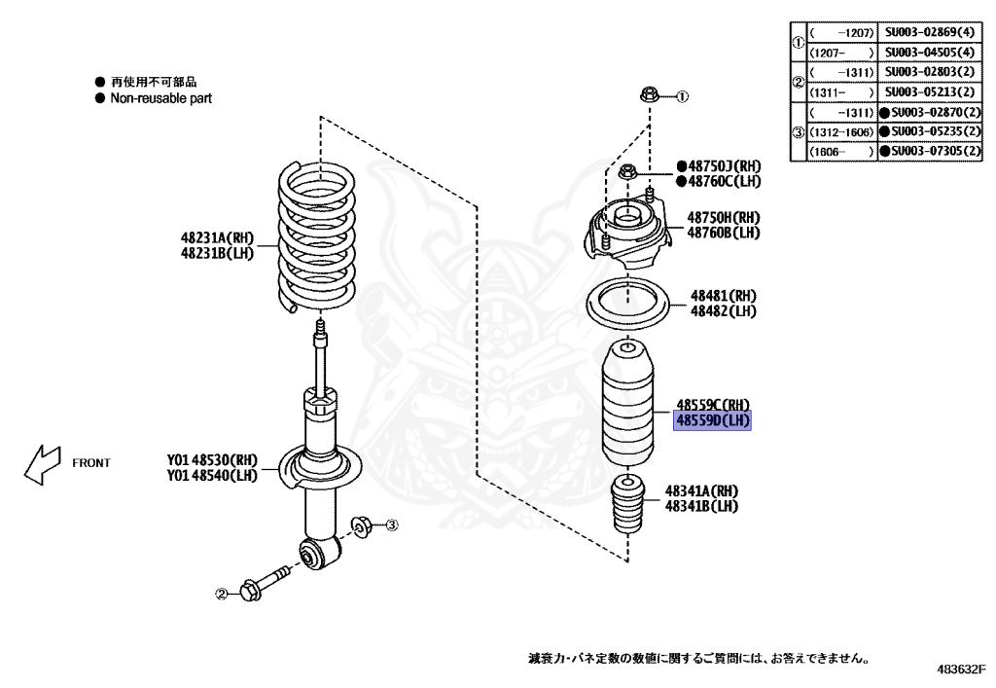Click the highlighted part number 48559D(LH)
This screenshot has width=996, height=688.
[x=714, y=420]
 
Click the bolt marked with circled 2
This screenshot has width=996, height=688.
[x=261, y=584]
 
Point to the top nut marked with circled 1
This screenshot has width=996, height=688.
[x=649, y=95]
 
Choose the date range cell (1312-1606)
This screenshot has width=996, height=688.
[x=840, y=131]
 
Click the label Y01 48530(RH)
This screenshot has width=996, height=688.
[x=212, y=459]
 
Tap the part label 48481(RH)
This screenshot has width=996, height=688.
[x=723, y=295]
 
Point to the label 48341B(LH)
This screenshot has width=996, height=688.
[x=701, y=507]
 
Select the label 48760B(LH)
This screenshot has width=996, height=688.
[x=724, y=233]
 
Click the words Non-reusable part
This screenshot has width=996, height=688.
[x=160, y=98]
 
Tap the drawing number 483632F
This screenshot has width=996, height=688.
[x=961, y=670]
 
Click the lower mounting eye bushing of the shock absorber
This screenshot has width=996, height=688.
[x=320, y=553]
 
